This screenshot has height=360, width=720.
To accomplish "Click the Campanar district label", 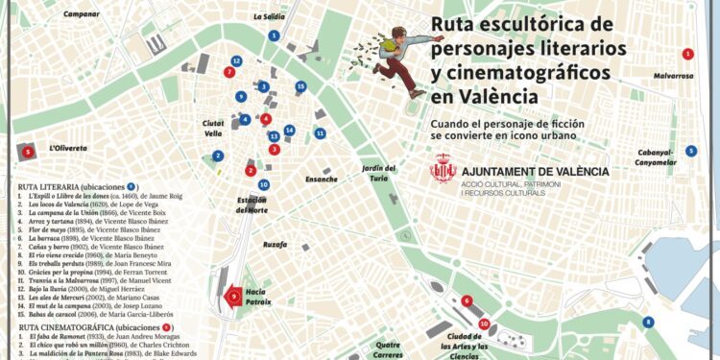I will [82, 14].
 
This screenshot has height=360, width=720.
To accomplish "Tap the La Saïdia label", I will [269, 16].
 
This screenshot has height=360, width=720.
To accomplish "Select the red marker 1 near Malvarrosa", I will [687, 54].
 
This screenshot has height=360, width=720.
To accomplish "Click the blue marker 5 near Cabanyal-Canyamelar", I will [691, 151].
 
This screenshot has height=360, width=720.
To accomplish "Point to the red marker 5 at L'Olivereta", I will [28, 151].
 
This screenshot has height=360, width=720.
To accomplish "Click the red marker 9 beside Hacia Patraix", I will [234, 298].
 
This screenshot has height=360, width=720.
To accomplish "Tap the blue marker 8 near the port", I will [648, 323].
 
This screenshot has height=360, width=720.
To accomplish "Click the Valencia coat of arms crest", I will [443, 169].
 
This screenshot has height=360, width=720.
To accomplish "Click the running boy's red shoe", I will [417, 93].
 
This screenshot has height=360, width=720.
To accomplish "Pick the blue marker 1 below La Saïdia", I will [275, 36].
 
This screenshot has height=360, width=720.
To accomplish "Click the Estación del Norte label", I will [252, 204].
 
